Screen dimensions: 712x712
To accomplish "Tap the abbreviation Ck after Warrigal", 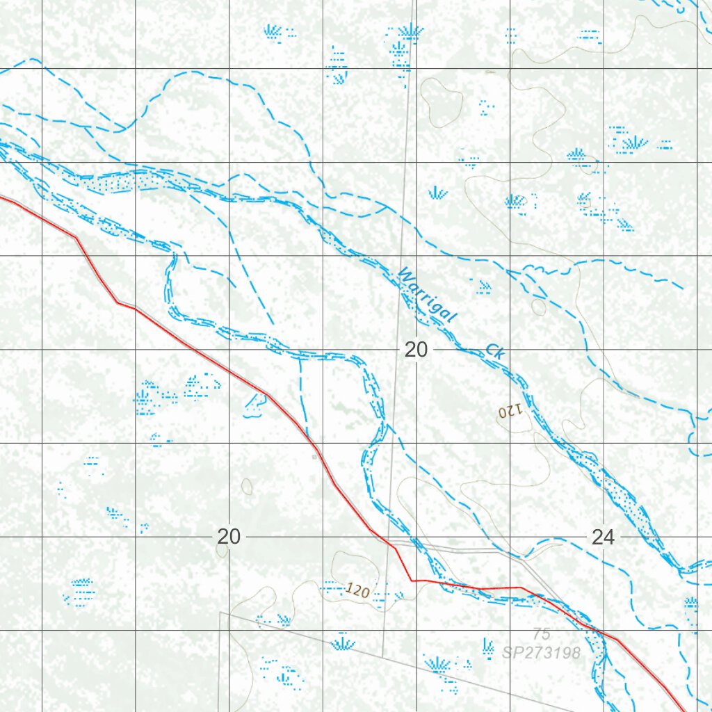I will click(x=494, y=351).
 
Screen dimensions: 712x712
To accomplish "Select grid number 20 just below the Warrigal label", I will click(x=416, y=350).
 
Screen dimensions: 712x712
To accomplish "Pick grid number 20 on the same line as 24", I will click(x=229, y=537).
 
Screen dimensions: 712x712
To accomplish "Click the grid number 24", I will click(x=603, y=537).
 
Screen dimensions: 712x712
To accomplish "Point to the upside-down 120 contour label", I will click(x=509, y=412).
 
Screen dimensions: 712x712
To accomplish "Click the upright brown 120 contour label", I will click(x=356, y=591).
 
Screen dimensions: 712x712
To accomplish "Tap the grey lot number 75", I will click(x=542, y=633).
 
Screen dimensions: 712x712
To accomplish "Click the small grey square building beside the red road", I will click(x=314, y=457).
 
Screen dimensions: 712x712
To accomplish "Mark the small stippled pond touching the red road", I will click(x=255, y=404).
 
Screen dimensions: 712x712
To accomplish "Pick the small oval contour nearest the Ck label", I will click(x=538, y=307).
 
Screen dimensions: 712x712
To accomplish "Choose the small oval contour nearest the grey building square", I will click(x=246, y=486).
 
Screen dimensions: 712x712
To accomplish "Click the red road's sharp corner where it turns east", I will click(x=412, y=580).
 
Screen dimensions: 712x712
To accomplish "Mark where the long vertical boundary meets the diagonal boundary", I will click(x=383, y=655).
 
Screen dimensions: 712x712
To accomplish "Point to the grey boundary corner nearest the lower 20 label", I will click(x=220, y=613).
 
